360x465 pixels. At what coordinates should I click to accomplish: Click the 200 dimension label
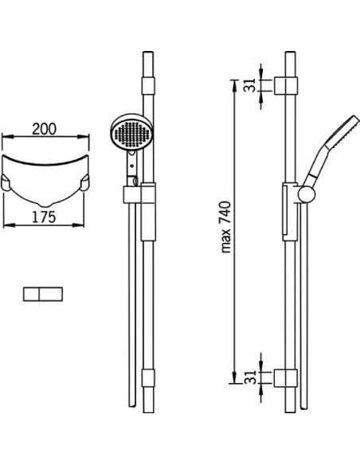click(x=44, y=129)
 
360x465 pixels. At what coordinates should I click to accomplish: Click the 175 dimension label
click(x=44, y=217)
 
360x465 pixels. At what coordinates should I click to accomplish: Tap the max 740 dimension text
click(x=225, y=227)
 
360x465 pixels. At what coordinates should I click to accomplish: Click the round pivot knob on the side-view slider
click(x=307, y=195)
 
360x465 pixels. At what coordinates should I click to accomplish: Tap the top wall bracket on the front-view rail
click(x=148, y=86)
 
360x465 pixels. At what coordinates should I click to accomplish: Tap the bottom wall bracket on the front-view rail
click(x=148, y=377)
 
